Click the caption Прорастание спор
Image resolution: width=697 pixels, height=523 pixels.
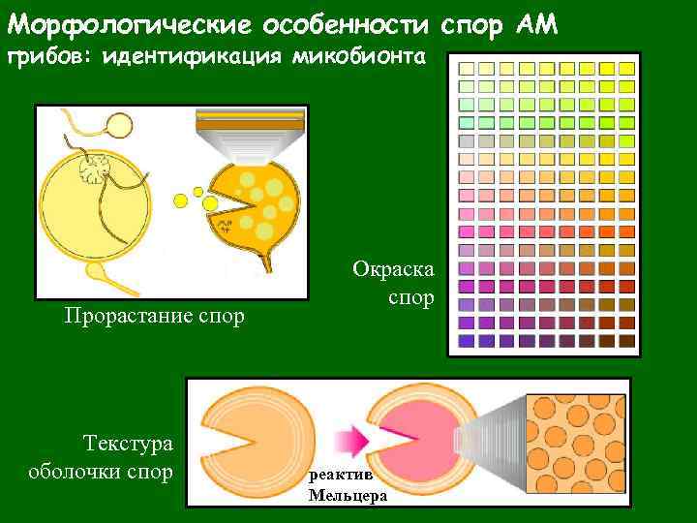pos(154,316)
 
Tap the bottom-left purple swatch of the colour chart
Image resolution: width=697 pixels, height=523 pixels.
pos(465,340)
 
